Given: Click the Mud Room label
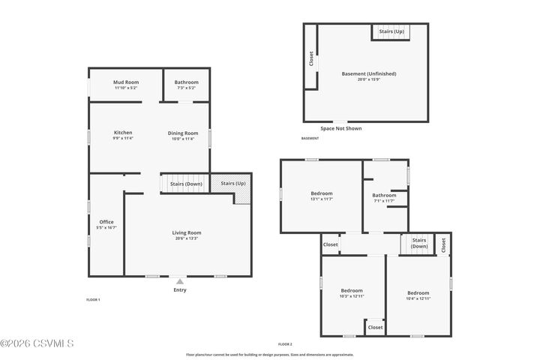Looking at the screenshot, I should point(125,84).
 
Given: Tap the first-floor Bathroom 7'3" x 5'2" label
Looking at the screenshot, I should point(187,84).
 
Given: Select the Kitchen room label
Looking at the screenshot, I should point(123,135).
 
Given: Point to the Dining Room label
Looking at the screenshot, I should point(182,135).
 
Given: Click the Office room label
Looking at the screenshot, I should point(106,224).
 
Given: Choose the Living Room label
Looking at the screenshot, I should point(187,235).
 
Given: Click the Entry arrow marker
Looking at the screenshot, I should point(180,282).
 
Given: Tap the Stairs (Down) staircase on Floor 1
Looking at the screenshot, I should point(184,184).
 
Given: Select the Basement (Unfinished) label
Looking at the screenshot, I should point(369,76).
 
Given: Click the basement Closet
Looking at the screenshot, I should point(310,58).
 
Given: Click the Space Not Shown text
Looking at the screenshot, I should point(340,128).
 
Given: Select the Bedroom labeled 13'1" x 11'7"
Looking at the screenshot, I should point(321,196).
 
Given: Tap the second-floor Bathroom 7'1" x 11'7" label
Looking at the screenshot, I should point(384,198).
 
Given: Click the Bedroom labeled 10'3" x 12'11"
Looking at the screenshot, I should point(352,293).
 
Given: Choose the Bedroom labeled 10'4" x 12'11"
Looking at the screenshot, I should point(418,295).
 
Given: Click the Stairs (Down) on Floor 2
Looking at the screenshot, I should point(418,243).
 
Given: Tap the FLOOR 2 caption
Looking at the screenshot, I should point(285,344).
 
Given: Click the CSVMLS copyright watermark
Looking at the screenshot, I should point(37,344).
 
